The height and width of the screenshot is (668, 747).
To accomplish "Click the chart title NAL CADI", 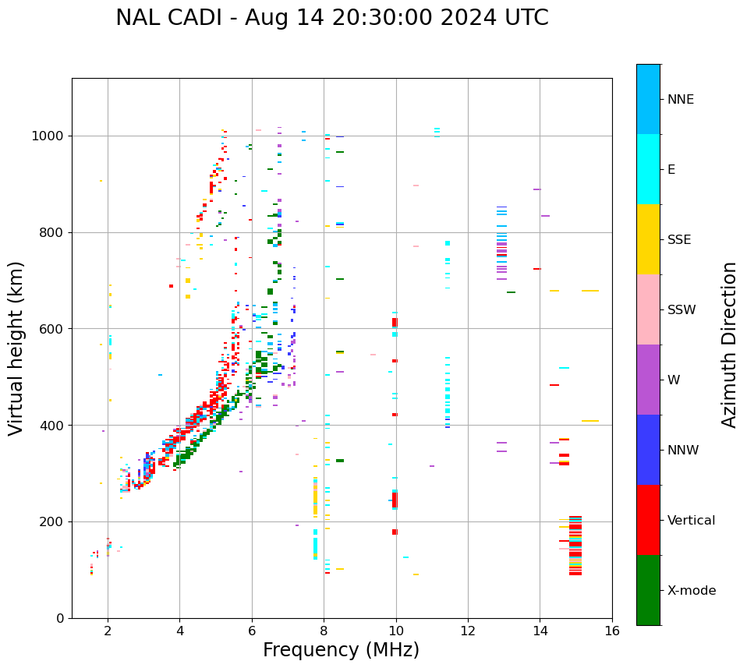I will [331, 18].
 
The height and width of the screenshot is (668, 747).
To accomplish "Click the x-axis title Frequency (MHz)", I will [341, 650].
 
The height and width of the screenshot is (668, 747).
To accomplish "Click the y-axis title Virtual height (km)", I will [16, 348].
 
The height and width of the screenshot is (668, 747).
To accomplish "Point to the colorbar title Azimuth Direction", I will [729, 345].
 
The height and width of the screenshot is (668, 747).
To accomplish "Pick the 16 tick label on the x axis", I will [612, 631].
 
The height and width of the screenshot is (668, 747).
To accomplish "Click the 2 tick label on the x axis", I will [108, 631].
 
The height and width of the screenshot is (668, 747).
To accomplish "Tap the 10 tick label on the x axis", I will [396, 631].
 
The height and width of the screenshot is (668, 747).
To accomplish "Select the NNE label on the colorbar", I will [681, 100].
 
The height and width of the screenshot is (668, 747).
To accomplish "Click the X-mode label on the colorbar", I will [692, 591].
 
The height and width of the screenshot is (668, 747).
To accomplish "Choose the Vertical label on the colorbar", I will [692, 521].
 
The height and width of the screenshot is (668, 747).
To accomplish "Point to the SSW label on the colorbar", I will [682, 310].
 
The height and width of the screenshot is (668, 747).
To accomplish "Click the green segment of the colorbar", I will [648, 590].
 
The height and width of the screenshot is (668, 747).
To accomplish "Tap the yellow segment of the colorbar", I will [648, 239].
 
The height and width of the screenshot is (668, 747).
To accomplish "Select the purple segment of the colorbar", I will [648, 380].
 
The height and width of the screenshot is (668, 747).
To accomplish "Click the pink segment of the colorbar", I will [648, 309].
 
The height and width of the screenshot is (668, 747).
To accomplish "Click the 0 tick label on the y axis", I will [62, 618].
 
